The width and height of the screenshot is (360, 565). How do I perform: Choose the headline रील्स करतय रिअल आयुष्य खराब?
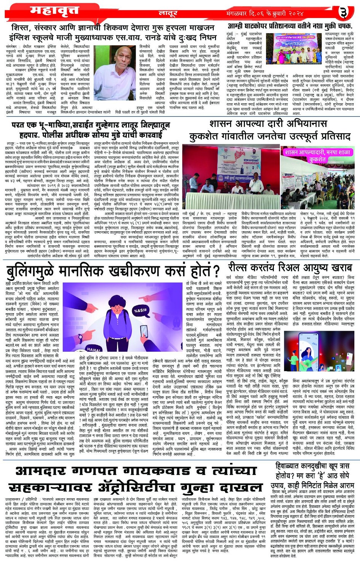[x=290, y=268]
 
